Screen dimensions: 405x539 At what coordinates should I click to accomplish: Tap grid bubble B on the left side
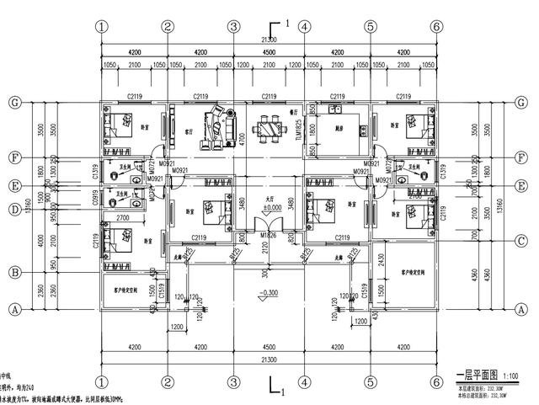(13, 272)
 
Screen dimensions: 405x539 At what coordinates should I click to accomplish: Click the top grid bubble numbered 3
(233, 26)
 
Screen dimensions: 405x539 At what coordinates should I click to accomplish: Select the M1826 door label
(268, 235)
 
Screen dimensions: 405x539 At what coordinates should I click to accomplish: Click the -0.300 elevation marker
(269, 292)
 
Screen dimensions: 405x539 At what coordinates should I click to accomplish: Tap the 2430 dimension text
(382, 262)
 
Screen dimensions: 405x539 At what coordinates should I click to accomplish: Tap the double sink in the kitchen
(339, 110)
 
